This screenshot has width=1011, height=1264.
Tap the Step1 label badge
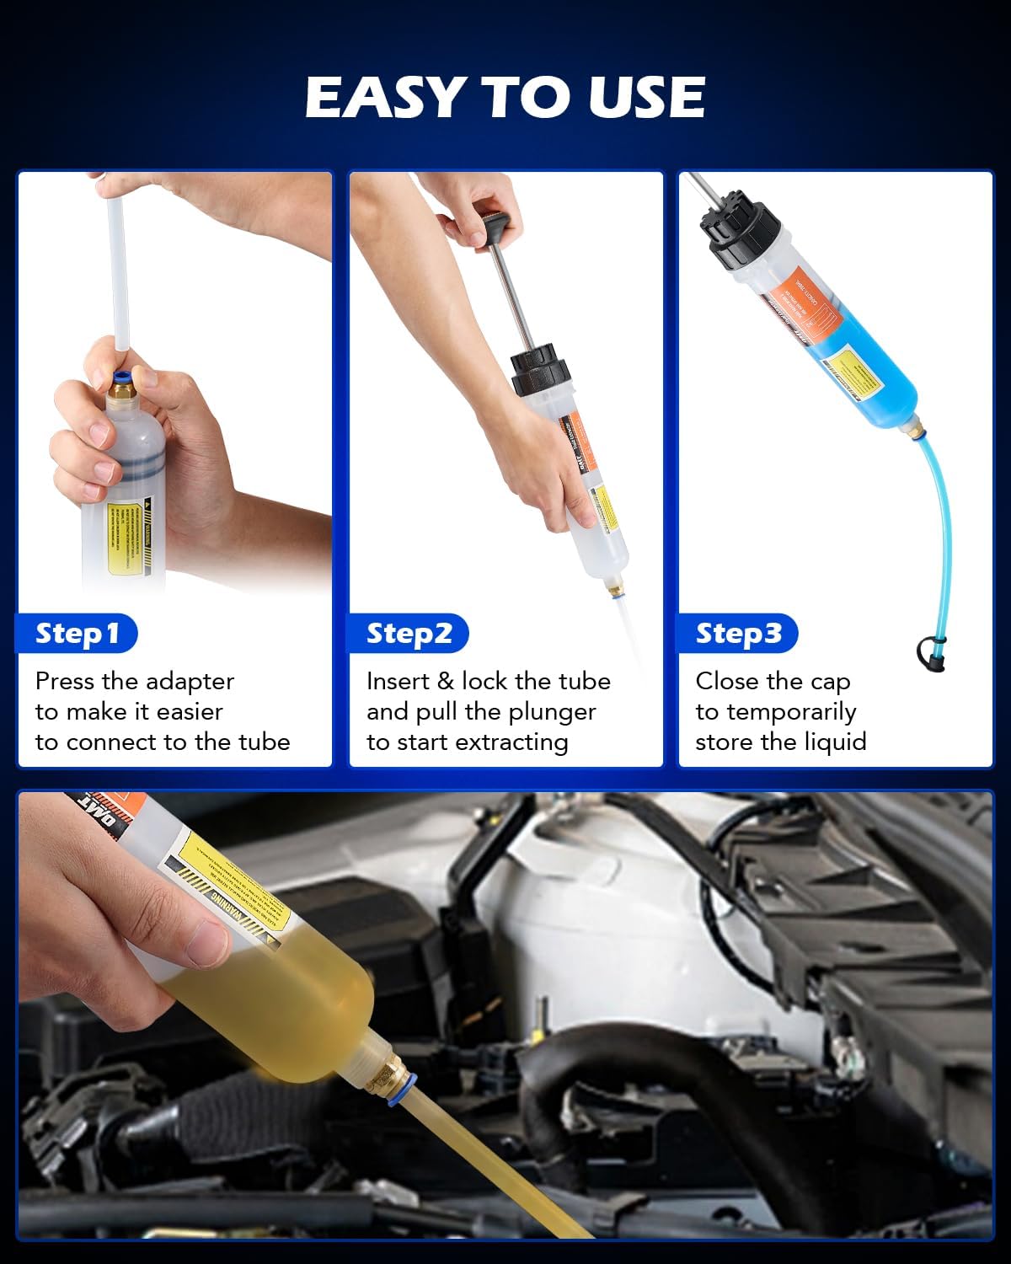[x=77, y=634]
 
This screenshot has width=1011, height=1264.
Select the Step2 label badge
[x=409, y=634]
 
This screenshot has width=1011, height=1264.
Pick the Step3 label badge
[x=738, y=634]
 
